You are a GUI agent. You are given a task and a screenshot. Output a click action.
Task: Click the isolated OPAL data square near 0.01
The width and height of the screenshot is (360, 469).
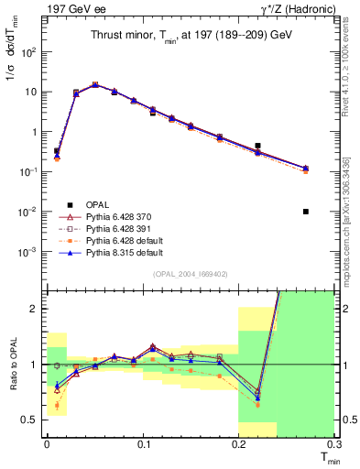[x=305, y=212]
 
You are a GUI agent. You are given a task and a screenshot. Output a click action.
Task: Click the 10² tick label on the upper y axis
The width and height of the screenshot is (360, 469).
[x=29, y=52]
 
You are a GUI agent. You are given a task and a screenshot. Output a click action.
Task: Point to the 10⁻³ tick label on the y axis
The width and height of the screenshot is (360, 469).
[x=29, y=252]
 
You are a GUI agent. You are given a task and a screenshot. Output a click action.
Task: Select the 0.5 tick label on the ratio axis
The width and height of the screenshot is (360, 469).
[x=33, y=420]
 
